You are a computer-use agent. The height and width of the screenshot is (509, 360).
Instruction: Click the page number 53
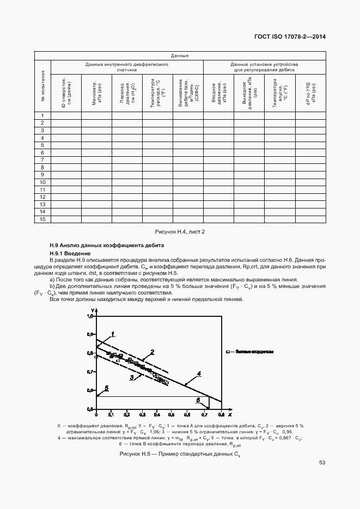point(322,463)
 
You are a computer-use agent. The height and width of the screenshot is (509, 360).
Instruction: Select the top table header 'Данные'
point(180,56)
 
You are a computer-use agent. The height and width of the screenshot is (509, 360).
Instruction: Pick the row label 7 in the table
point(42,161)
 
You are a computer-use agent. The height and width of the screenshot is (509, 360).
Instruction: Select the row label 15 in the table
point(42,219)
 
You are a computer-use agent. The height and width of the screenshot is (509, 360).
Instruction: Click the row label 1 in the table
point(42,116)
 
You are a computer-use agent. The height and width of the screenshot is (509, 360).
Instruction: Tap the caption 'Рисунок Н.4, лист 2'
point(180,231)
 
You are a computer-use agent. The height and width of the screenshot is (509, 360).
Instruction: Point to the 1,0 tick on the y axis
point(91,316)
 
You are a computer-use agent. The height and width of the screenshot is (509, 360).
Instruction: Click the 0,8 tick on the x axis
point(221,414)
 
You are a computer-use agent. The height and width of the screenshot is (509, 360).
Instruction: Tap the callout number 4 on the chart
point(199,373)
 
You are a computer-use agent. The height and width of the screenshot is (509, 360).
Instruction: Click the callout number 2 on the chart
point(152,352)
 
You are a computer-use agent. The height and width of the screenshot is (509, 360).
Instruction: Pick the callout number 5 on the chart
point(107,388)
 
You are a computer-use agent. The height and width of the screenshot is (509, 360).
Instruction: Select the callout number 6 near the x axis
point(198,400)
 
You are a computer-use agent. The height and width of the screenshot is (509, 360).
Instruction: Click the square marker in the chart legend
point(230,352)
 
